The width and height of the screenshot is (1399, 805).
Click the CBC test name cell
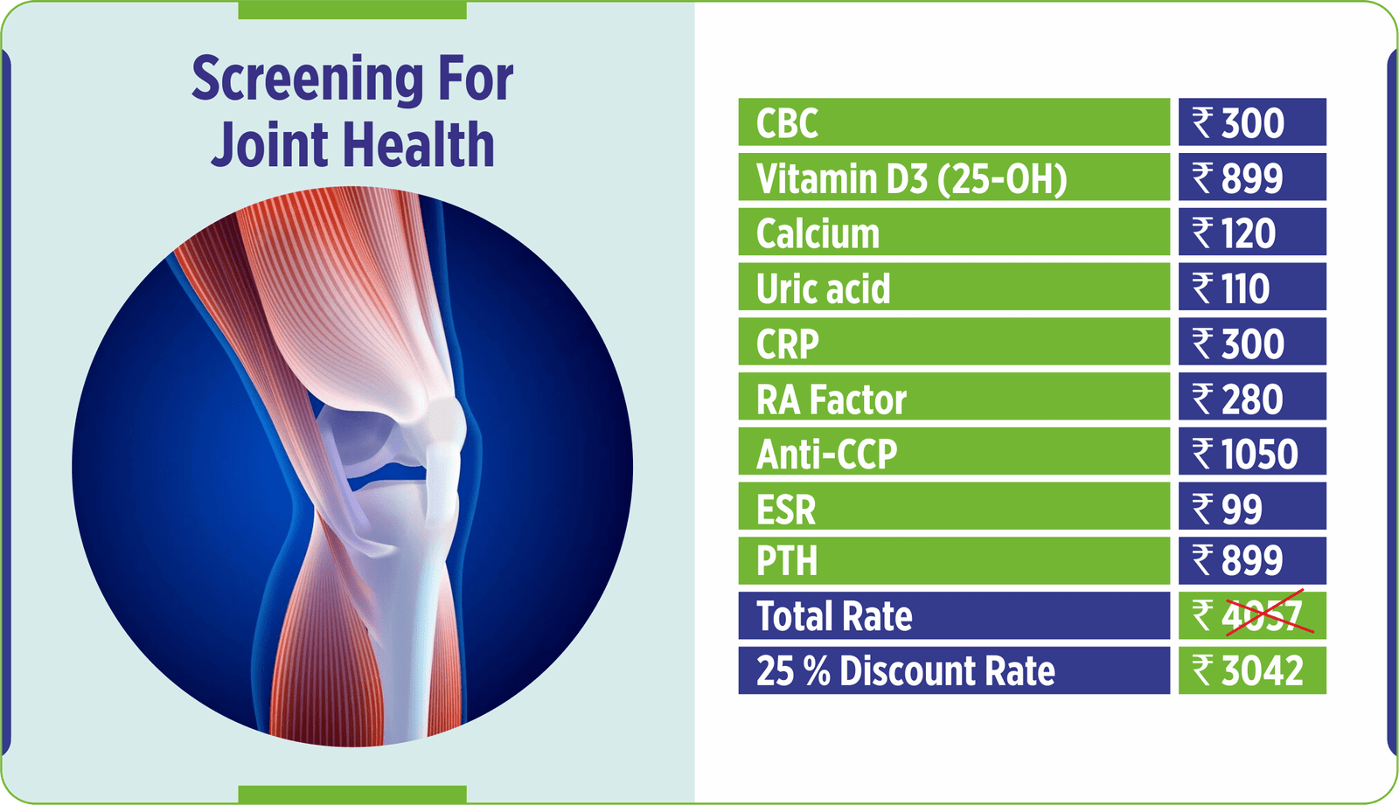[x=954, y=121]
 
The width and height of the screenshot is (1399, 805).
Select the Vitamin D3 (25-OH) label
[x=911, y=178]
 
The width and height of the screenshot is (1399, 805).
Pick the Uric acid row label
[x=823, y=288]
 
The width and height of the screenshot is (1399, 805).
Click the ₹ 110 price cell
[x=1252, y=287]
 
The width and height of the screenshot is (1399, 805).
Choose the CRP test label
[x=787, y=344]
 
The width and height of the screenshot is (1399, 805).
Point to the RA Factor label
[x=831, y=399]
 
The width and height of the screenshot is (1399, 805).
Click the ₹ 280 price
[x=1236, y=399]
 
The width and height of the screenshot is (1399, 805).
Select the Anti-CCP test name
[x=826, y=454]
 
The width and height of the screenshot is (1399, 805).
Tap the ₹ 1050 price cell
[x=1252, y=452]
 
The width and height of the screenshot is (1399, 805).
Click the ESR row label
[x=786, y=510]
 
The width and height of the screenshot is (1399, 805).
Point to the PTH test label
[x=786, y=560]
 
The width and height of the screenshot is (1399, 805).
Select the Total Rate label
[x=834, y=616]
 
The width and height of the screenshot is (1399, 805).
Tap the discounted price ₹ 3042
[x=1247, y=670]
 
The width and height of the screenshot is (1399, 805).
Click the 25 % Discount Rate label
[x=906, y=670]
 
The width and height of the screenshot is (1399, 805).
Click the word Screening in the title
[x=307, y=80]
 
